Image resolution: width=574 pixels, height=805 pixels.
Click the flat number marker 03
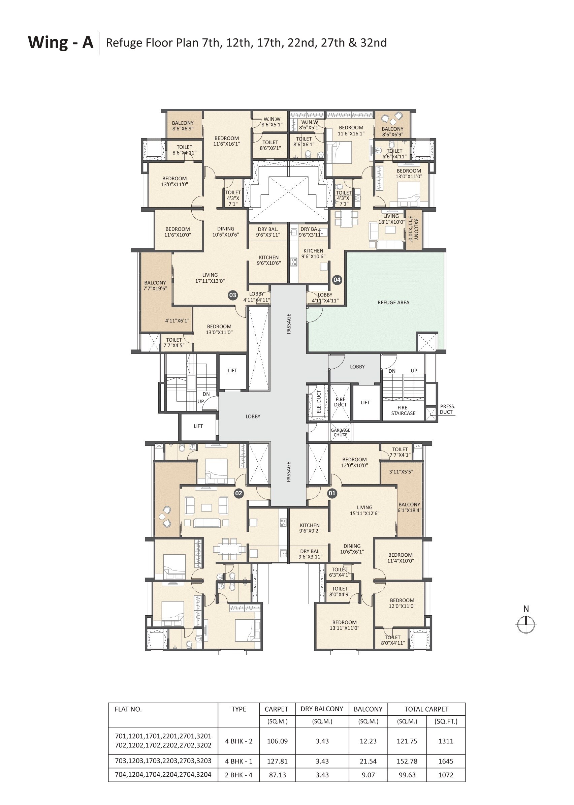click(x=232, y=295)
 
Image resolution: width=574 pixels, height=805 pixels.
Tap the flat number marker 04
click(x=337, y=280)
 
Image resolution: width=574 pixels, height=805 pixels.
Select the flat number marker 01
click(x=332, y=493)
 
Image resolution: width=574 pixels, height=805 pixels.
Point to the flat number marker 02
click(x=239, y=493)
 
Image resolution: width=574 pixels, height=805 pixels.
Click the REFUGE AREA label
click(x=393, y=303)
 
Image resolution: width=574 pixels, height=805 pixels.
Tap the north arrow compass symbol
click(x=526, y=625)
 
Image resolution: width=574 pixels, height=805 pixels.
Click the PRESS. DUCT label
click(x=447, y=409)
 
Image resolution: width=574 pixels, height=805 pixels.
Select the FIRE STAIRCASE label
click(x=403, y=410)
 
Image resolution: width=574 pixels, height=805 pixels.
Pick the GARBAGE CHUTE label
click(x=340, y=432)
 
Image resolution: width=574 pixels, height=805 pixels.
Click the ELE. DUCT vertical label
click(x=318, y=402)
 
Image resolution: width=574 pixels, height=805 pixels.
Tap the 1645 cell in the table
click(x=446, y=761)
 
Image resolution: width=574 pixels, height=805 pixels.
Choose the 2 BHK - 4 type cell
click(x=238, y=775)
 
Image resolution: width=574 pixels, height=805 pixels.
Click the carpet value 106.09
click(x=277, y=741)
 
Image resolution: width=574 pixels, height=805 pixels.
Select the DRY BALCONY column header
click(x=322, y=709)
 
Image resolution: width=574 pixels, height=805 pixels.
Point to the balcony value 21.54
click(x=368, y=761)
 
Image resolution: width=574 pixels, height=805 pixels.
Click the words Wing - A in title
click(x=60, y=42)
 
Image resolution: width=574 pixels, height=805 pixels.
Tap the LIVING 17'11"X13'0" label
click(x=210, y=278)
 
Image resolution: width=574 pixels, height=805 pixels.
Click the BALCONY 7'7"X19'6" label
click(x=155, y=285)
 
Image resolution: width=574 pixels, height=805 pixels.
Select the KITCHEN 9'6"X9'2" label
click(x=310, y=528)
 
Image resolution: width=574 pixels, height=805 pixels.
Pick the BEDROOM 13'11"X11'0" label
click(x=344, y=625)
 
